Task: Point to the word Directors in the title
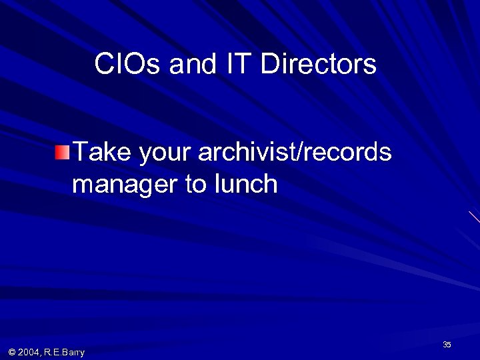(x=318, y=65)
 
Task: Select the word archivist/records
(x=295, y=153)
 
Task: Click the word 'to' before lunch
(x=196, y=184)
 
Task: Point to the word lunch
(x=246, y=184)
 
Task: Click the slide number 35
(x=447, y=345)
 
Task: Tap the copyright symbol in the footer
(x=12, y=352)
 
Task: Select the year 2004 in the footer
(x=29, y=352)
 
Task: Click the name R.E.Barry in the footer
(x=64, y=352)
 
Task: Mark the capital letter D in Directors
(x=269, y=65)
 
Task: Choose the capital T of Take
(x=80, y=153)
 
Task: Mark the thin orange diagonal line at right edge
(x=474, y=217)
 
